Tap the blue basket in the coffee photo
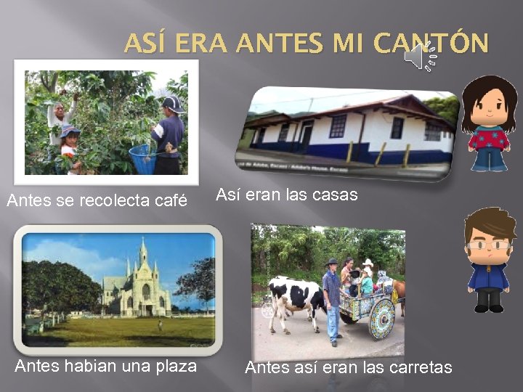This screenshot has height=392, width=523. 142,158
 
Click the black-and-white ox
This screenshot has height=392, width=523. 294,298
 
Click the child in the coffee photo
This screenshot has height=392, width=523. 70,145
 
